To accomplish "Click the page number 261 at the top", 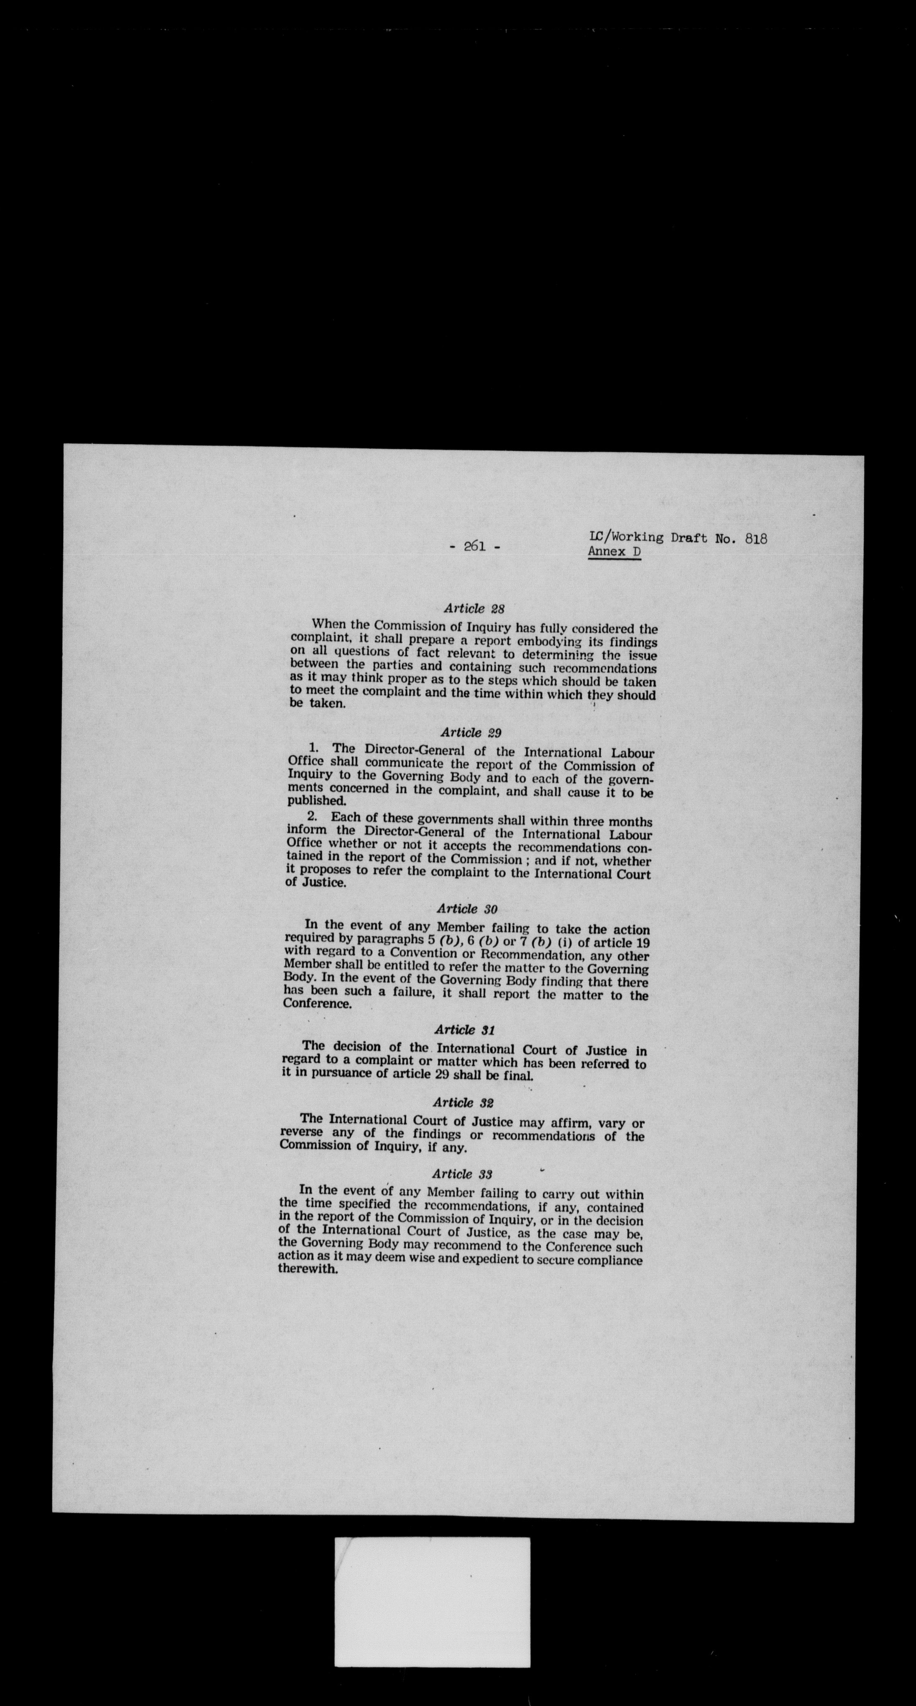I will (x=475, y=547).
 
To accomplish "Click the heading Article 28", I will (x=475, y=608).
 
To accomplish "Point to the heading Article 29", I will (x=471, y=733).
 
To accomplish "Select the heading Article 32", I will (x=463, y=1103).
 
